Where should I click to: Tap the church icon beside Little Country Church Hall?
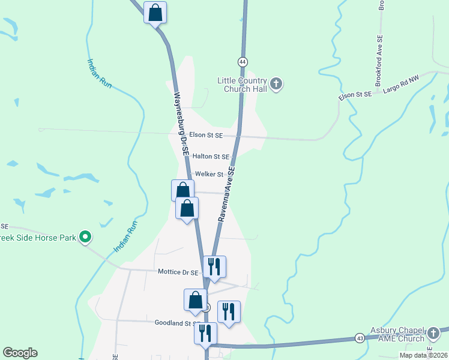[276, 84]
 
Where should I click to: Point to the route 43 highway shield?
[359, 338]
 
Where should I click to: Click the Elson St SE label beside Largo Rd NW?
[355, 95]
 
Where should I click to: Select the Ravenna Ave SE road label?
[226, 195]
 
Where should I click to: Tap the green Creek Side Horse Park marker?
[85, 238]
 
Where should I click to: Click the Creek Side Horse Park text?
[38, 238]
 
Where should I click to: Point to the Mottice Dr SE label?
[178, 272]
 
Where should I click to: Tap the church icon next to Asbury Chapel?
[433, 332]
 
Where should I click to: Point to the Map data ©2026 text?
[423, 355]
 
